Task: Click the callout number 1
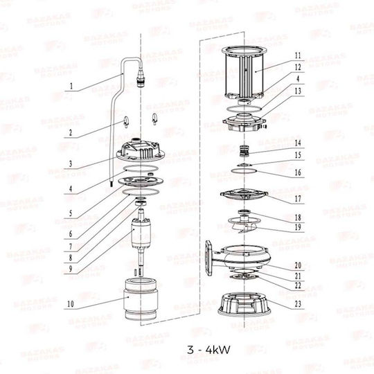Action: (71, 86)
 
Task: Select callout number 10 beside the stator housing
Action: (71, 304)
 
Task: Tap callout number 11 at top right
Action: (298, 55)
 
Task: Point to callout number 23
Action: (298, 304)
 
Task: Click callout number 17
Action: (298, 199)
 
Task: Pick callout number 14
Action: (298, 143)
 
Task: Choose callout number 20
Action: (298, 265)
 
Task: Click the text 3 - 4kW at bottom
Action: (208, 350)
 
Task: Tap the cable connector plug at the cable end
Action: (141, 80)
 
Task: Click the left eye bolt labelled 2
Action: (126, 122)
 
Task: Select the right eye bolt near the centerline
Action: (155, 119)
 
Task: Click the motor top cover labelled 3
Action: (141, 150)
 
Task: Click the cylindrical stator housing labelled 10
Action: (141, 299)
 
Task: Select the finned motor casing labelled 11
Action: (244, 73)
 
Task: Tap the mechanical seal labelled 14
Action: (244, 151)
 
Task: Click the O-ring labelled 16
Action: (244, 171)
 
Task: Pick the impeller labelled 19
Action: (243, 223)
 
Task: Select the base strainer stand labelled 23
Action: (244, 305)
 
